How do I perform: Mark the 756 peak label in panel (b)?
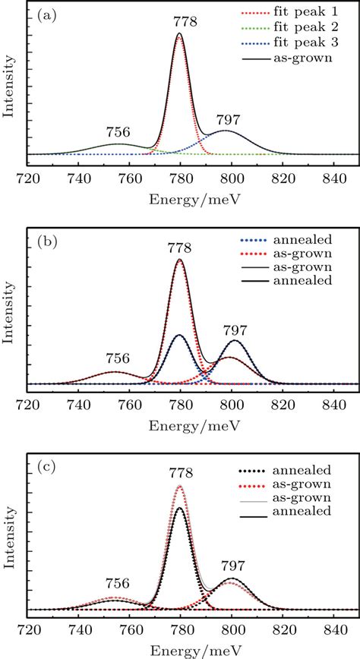point(118,358)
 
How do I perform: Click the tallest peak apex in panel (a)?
point(179,33)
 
